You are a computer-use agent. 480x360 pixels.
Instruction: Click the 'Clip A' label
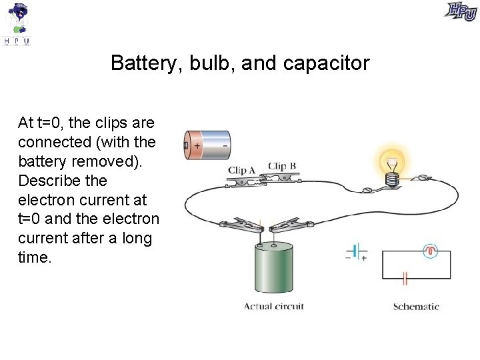(x=242, y=170)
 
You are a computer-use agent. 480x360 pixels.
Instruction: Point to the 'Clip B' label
(x=282, y=166)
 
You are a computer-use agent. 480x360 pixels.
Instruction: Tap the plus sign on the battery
(x=197, y=145)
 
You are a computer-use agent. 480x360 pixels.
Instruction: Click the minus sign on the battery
(x=225, y=145)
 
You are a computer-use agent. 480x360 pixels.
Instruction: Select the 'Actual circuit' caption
(x=273, y=307)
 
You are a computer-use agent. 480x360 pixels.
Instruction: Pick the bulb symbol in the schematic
(x=431, y=251)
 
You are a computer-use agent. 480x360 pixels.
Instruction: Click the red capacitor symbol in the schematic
(x=404, y=278)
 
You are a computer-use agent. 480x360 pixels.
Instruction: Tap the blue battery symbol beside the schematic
(x=356, y=252)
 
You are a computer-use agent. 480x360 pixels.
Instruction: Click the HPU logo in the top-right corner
(x=461, y=11)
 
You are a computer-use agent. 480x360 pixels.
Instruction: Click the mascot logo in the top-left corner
(x=18, y=23)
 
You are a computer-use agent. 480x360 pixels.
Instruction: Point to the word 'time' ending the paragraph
(x=33, y=257)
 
